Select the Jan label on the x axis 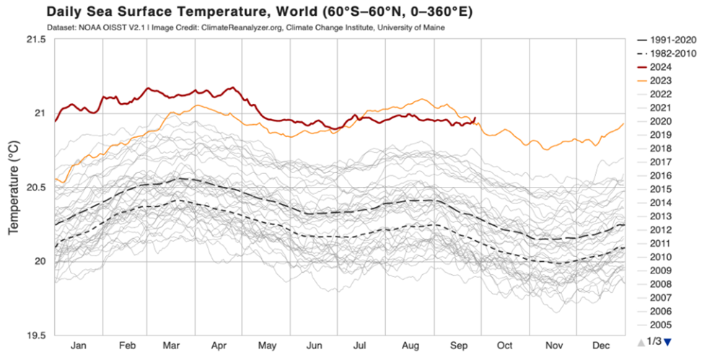[79, 346]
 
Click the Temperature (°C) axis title [13, 187]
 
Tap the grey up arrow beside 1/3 [641, 342]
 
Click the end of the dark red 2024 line [475, 118]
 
